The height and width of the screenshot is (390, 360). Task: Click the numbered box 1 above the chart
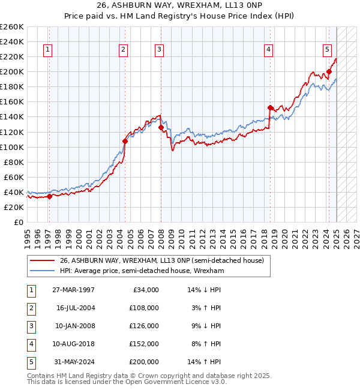point(48,50)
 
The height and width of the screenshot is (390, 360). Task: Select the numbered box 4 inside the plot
point(269,50)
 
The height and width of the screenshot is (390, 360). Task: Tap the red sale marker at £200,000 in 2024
point(329,72)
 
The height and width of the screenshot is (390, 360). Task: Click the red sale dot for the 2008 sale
point(161,127)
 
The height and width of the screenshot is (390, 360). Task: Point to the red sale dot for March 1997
point(49,196)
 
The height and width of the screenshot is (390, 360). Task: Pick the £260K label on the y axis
point(12,27)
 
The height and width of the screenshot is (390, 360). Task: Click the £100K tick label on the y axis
point(12,147)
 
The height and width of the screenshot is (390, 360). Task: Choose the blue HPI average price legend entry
point(142,271)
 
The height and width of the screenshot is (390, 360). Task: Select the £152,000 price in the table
point(145,344)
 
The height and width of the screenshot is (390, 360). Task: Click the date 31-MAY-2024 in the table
point(75,362)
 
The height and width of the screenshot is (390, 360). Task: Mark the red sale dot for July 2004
point(125,141)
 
